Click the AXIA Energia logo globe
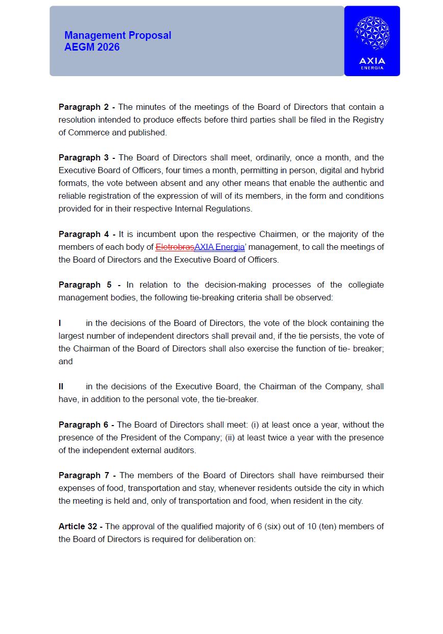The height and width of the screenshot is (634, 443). pyautogui.click(x=372, y=33)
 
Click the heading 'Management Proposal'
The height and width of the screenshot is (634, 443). pyautogui.click(x=117, y=35)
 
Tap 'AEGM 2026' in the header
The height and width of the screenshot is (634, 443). pyautogui.click(x=92, y=47)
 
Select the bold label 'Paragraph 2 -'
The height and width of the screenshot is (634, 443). pyautogui.click(x=87, y=107)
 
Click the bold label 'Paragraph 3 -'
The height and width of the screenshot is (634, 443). pyautogui.click(x=87, y=158)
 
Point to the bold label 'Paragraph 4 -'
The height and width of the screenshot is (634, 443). pyautogui.click(x=87, y=234)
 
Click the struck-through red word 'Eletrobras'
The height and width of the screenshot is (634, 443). pyautogui.click(x=175, y=247)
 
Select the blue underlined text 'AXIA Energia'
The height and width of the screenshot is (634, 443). pyautogui.click(x=219, y=247)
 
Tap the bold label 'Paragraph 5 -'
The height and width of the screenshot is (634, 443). pyautogui.click(x=89, y=285)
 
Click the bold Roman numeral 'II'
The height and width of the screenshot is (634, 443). pyautogui.click(x=61, y=387)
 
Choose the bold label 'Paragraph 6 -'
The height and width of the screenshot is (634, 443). pyautogui.click(x=87, y=425)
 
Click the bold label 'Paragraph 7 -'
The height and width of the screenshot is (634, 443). pyautogui.click(x=87, y=476)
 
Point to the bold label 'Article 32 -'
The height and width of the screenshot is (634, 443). pyautogui.click(x=81, y=527)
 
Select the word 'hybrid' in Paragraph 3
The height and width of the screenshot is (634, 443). pyautogui.click(x=373, y=171)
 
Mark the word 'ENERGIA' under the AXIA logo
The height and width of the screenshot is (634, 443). pyautogui.click(x=372, y=68)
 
